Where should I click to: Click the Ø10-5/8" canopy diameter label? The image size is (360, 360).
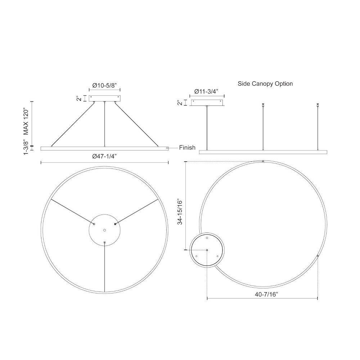coord(104,85)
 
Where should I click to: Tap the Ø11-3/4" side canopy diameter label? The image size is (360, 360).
coord(206,91)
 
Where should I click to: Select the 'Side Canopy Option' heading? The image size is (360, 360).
coord(265,84)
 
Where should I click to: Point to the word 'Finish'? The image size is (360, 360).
coord(187,148)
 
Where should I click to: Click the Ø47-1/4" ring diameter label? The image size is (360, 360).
coord(105,156)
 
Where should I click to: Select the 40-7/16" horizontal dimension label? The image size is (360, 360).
coord(266,294)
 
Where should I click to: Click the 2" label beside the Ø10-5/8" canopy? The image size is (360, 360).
coord(79,99)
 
